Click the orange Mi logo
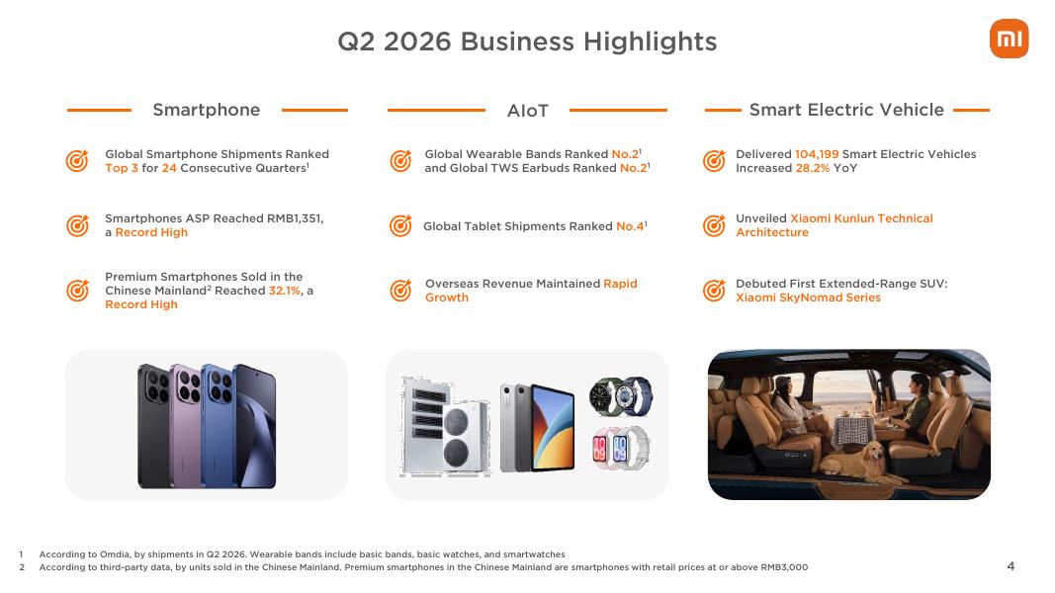coord(1009,39)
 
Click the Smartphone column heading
coord(206,110)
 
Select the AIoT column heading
coord(528,111)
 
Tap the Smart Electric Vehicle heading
coord(846,110)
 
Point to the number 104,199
coord(817,154)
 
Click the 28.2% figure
coord(813,168)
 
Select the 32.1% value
coord(285,291)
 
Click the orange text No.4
coord(630,226)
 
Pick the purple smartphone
coord(185,426)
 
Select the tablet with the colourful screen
coord(553,428)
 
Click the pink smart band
coord(599,448)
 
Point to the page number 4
coord(1011,566)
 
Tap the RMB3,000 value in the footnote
coord(784,567)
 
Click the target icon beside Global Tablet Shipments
coord(401,226)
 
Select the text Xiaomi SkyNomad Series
coord(808,297)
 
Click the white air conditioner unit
coord(445,426)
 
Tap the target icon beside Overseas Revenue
coord(401,291)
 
